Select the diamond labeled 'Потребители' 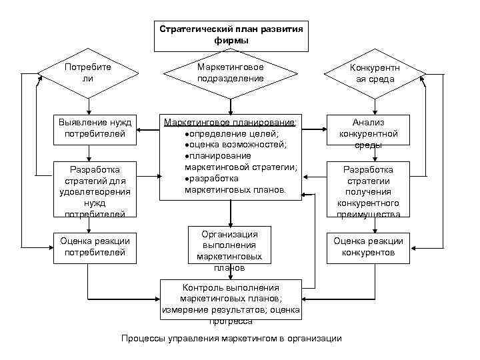click(x=87, y=73)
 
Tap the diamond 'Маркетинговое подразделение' click(x=231, y=73)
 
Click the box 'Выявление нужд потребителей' click(x=95, y=129)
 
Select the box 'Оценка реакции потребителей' click(x=95, y=247)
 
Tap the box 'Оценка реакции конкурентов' click(x=368, y=247)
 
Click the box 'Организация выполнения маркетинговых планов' click(x=230, y=250)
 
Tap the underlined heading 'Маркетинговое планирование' click(x=230, y=123)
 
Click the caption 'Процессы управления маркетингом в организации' click(x=231, y=339)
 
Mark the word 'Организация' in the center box click(x=230, y=234)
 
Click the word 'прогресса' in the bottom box click(x=230, y=321)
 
